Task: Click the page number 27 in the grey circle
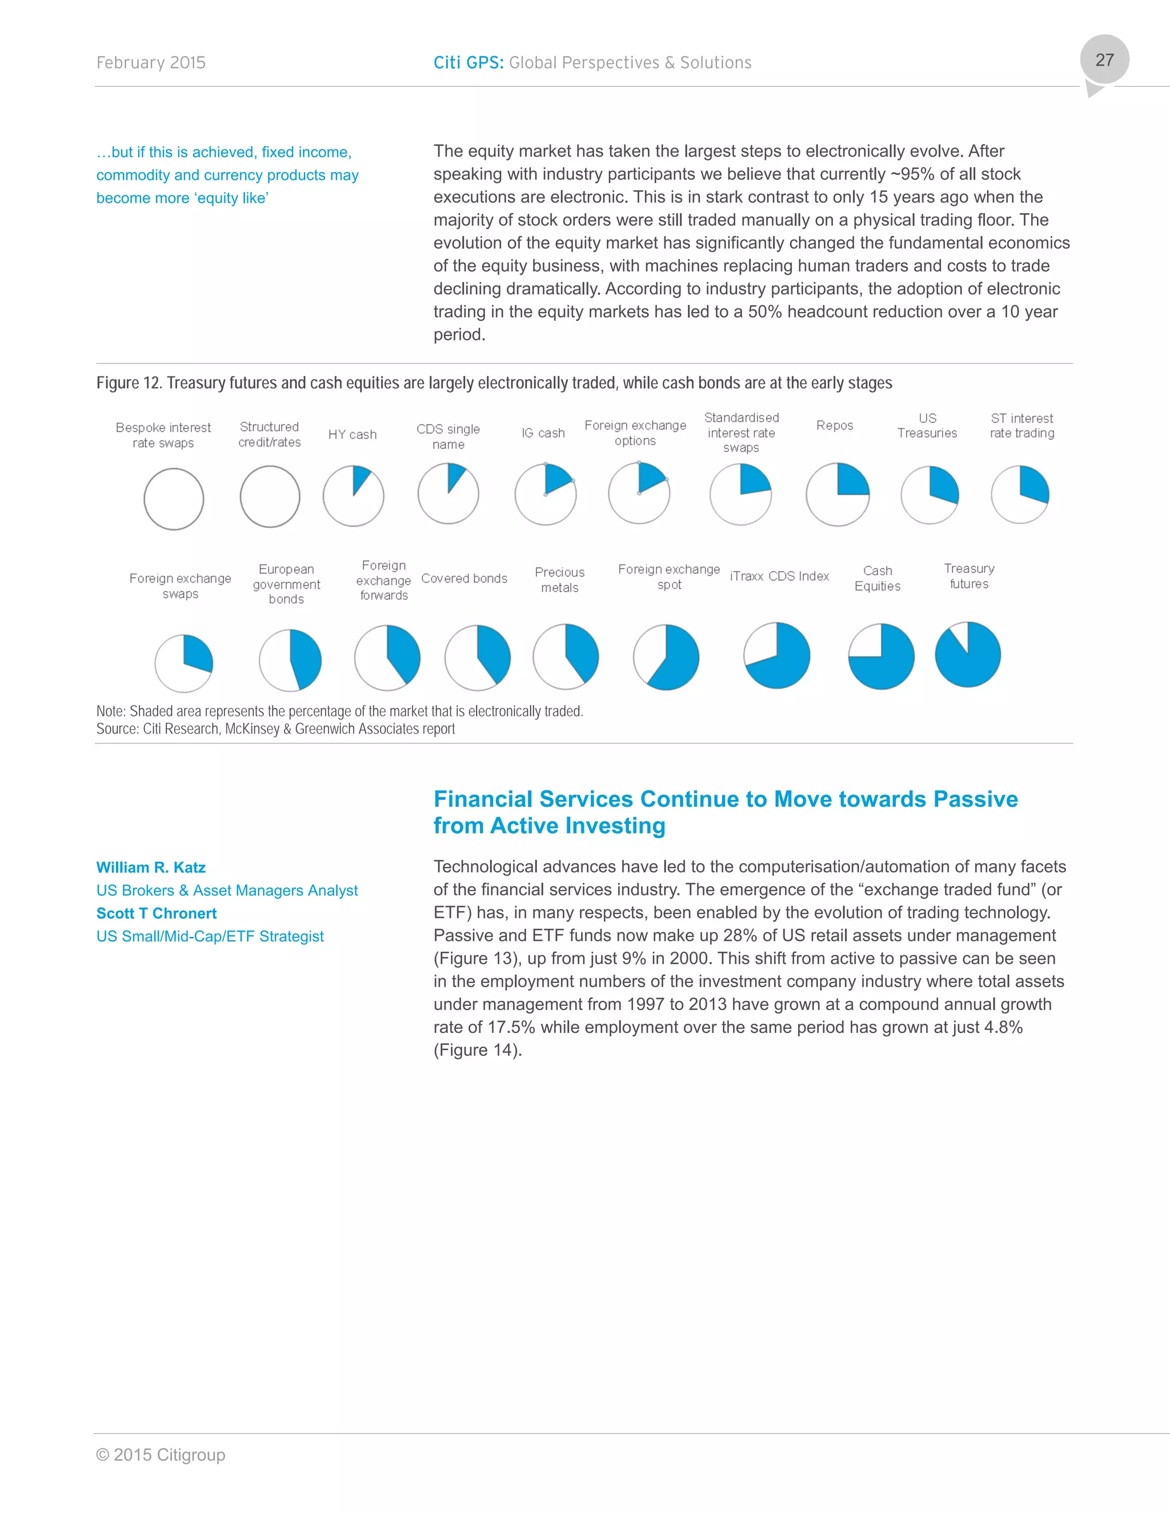1104,61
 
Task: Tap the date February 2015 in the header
151,62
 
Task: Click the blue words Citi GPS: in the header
468,62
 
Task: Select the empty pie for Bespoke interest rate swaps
174,499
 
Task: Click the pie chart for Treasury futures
968,654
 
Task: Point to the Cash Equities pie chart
881,656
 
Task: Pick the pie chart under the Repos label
838,494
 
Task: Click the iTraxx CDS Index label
779,576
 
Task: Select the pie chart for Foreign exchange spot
666,657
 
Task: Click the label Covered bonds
464,578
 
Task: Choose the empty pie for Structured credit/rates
270,496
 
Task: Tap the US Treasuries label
927,426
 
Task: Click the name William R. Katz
151,867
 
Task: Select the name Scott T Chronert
157,913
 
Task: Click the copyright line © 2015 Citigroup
161,1455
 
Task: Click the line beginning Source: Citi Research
275,728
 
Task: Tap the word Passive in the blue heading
975,799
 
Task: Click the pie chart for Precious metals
566,656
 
